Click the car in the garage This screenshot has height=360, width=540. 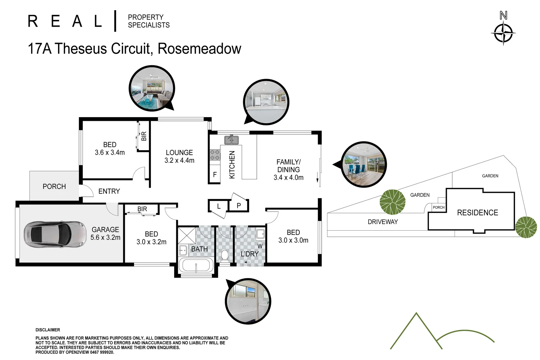click(x=55, y=233)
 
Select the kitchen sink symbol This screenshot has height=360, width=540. click(x=232, y=140)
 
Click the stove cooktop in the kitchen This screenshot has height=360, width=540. click(x=215, y=155)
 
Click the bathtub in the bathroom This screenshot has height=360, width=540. click(x=196, y=265)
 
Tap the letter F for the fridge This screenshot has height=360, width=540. click(x=215, y=175)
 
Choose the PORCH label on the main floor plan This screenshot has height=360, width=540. click(x=54, y=186)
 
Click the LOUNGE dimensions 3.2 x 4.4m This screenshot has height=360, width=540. click(x=179, y=160)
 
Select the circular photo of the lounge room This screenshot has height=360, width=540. click(x=152, y=88)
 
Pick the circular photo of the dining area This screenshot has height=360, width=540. click(x=363, y=164)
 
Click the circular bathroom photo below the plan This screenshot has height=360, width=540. click(x=248, y=301)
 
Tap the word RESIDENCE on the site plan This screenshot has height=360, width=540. click(x=477, y=213)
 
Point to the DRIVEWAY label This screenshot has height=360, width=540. click(x=383, y=222)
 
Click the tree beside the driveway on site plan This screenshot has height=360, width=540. click(x=392, y=202)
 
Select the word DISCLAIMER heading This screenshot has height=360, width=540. click(x=48, y=330)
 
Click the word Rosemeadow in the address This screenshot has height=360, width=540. click(x=199, y=49)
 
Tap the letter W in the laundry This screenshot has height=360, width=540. click(x=260, y=246)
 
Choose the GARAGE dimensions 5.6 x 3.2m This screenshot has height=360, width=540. click(x=105, y=237)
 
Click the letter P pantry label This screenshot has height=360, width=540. click(x=239, y=205)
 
